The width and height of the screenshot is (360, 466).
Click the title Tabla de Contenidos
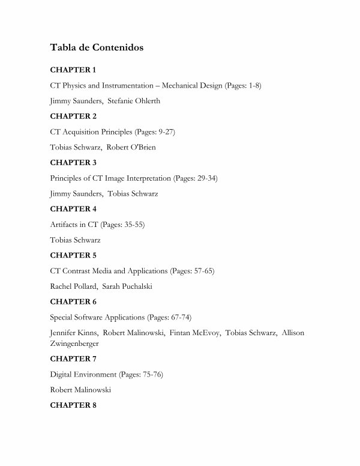tap(97, 47)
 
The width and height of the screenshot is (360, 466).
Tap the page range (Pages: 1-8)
tap(243, 85)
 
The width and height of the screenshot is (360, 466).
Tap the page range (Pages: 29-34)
tap(200, 178)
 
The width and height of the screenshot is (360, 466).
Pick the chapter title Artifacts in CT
tap(74, 224)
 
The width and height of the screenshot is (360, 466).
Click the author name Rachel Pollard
tap(71, 286)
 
